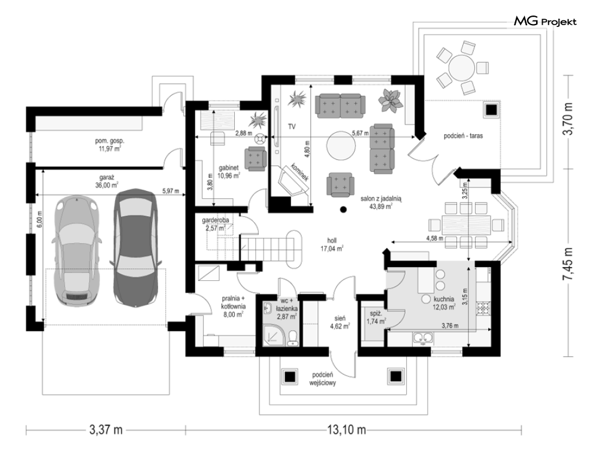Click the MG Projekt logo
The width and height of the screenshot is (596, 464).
click(545, 22)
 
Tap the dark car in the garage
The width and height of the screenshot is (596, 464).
click(135, 247)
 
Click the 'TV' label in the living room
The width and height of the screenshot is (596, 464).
click(292, 126)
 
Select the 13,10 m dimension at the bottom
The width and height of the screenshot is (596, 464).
click(346, 430)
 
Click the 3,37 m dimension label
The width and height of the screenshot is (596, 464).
click(106, 430)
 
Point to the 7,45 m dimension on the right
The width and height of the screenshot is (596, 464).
click(568, 263)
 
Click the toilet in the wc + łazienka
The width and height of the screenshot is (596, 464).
click(292, 338)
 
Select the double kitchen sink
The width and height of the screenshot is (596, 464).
click(423, 338)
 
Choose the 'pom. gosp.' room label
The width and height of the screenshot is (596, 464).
click(110, 141)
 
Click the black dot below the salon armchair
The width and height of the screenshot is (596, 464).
click(343, 209)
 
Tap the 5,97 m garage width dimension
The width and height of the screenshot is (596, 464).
click(171, 191)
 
